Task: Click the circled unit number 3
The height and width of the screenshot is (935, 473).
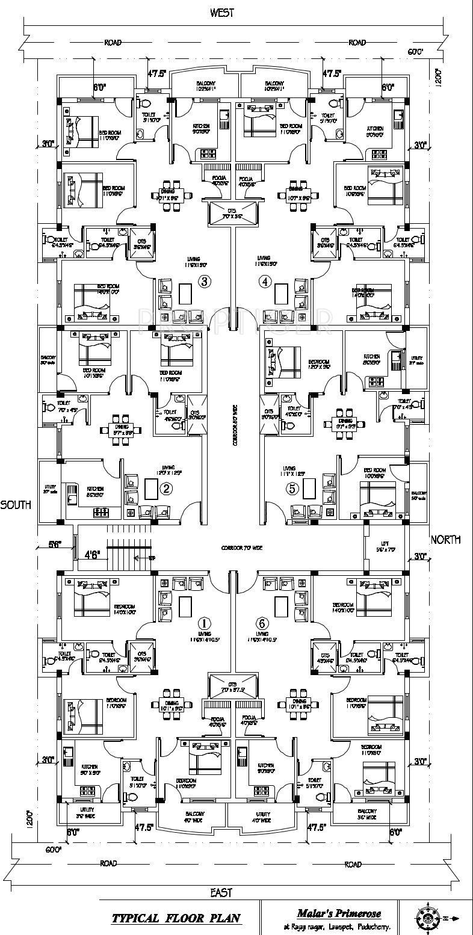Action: point(205,281)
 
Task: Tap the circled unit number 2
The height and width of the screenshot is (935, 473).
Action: point(167,489)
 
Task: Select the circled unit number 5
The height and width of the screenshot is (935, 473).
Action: point(292,489)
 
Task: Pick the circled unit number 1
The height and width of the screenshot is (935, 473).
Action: point(205,623)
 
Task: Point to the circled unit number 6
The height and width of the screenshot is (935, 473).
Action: point(261,623)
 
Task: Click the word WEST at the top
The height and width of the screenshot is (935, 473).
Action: point(222,13)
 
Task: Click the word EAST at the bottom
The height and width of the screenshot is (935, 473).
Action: point(222,892)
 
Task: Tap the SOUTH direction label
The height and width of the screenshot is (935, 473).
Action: point(16,505)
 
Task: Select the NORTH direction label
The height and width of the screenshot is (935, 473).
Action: point(446,540)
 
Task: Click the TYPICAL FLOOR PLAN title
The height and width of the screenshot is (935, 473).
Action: point(176,918)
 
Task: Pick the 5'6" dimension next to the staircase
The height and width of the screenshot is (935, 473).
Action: point(55,545)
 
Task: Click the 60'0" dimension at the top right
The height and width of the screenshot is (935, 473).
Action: point(416,52)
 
